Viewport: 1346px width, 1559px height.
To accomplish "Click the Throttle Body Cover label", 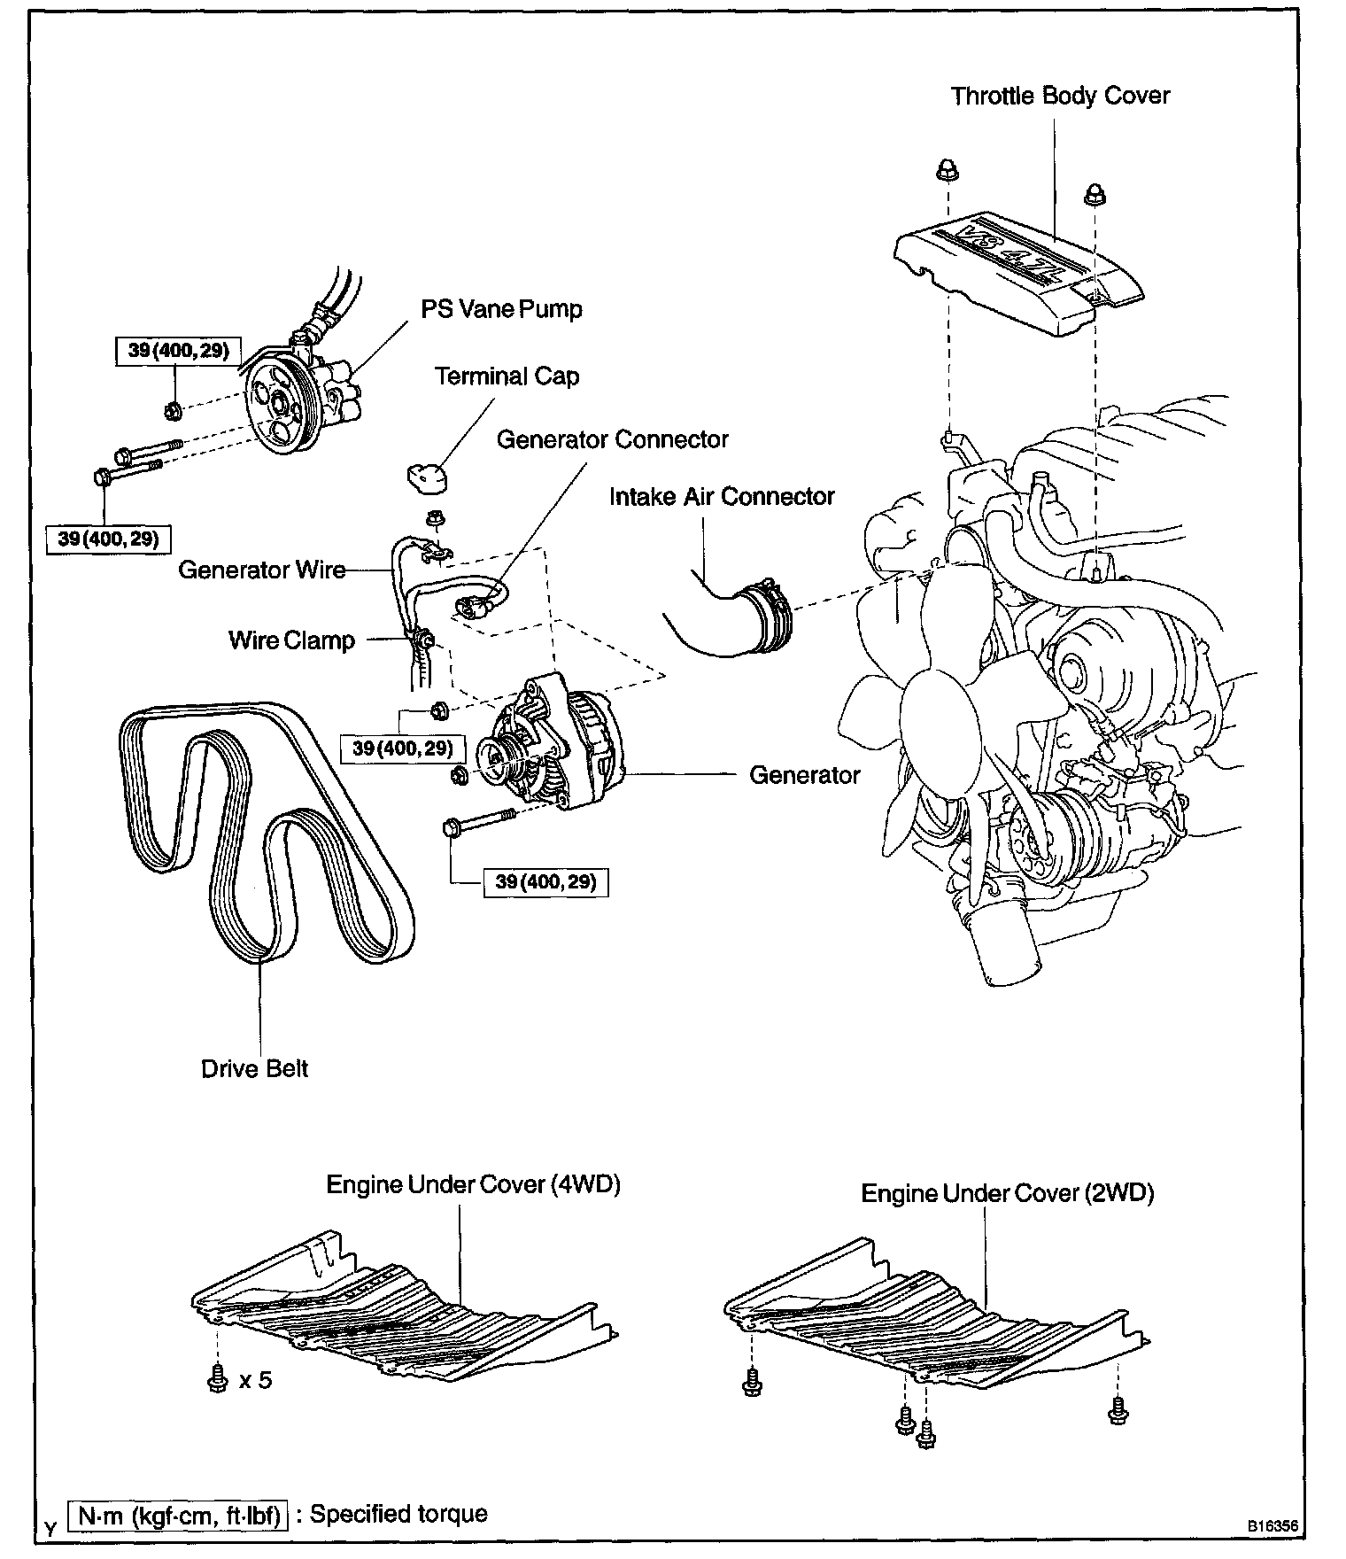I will (1060, 96).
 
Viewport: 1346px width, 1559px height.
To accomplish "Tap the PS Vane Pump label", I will (501, 309).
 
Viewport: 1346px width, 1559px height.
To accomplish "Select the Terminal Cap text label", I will (507, 376).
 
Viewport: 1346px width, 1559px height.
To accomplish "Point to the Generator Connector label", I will (612, 439).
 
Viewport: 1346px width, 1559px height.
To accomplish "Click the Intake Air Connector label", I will (722, 496).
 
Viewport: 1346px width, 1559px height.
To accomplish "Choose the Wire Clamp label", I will (291, 640).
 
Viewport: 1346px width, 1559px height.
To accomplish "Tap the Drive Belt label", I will (254, 1068).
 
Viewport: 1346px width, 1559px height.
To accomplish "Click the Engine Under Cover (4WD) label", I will (473, 1184).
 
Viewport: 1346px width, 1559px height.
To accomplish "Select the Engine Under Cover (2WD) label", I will (1008, 1193).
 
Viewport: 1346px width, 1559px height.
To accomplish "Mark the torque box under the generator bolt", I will (545, 882).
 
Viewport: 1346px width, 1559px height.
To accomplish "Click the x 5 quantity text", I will (255, 1379).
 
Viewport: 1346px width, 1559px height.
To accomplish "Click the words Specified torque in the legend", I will (398, 1513).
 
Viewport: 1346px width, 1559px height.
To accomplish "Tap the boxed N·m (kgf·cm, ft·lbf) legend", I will (180, 1516).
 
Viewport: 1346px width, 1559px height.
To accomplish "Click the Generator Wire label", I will (262, 570).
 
